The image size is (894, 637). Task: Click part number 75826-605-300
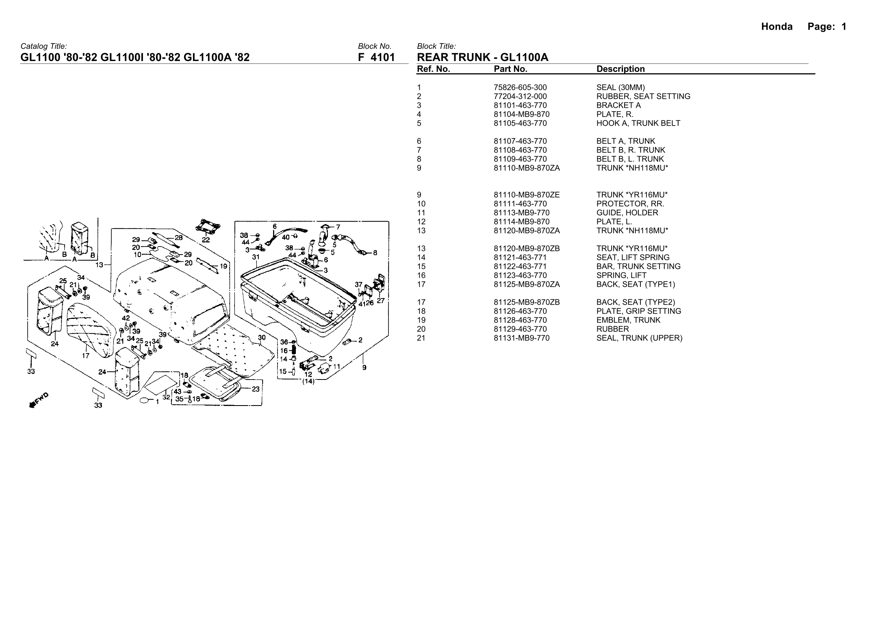(x=520, y=87)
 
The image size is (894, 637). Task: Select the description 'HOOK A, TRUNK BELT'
(x=638, y=123)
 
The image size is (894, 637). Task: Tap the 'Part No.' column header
(x=510, y=69)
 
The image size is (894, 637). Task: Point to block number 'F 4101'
(x=376, y=57)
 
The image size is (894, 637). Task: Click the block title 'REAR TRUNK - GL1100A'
(x=482, y=57)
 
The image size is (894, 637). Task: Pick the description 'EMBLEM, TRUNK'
(x=628, y=320)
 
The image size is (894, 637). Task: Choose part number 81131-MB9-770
(x=521, y=338)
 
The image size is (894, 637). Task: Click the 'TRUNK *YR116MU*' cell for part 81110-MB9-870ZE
(x=632, y=195)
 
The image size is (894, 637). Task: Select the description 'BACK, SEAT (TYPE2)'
(x=636, y=302)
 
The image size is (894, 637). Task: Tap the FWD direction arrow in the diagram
(x=39, y=400)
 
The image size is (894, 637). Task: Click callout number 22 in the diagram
(x=206, y=240)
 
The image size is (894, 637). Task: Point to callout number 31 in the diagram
(x=256, y=257)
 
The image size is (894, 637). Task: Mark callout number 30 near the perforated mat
(x=262, y=338)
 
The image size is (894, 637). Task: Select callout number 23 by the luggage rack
(x=256, y=389)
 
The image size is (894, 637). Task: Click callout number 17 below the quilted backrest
(x=86, y=356)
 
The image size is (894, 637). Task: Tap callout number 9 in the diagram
(x=364, y=368)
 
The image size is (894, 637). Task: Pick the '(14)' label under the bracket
(x=308, y=382)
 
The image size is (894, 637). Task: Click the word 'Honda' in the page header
(x=777, y=27)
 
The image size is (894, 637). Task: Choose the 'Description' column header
(x=620, y=69)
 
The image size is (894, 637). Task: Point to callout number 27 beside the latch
(x=381, y=301)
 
